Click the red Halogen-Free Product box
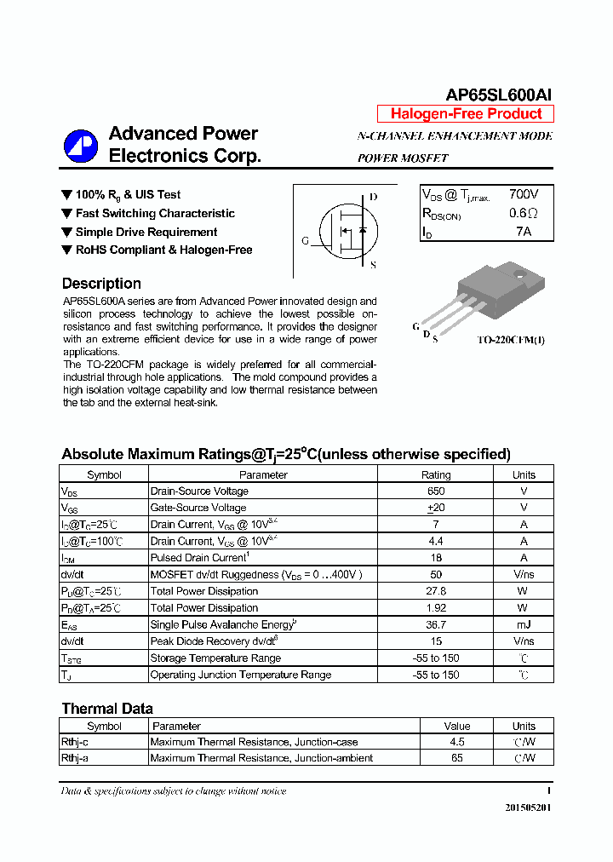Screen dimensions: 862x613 (x=466, y=114)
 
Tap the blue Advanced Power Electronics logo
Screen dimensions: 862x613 (x=82, y=145)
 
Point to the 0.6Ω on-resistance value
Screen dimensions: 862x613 (x=524, y=214)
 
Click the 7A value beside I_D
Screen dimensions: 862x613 (x=524, y=232)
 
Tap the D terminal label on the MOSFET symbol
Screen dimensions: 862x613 (x=373, y=197)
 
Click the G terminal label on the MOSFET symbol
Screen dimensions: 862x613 (x=305, y=241)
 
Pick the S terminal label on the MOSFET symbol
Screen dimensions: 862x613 (x=373, y=265)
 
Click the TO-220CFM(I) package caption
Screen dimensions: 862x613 (x=511, y=340)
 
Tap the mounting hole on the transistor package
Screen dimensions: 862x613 (x=520, y=274)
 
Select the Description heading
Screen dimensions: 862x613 (x=101, y=284)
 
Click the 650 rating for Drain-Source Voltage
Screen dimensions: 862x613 (x=436, y=491)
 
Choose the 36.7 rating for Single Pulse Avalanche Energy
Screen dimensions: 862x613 (x=436, y=624)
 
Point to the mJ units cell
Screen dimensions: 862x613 (x=524, y=624)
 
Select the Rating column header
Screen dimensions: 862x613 (x=436, y=474)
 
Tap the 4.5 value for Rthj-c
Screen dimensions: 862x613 (x=456, y=742)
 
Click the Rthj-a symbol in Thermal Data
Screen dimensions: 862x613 (x=75, y=758)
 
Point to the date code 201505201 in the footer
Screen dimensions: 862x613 (x=528, y=807)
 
